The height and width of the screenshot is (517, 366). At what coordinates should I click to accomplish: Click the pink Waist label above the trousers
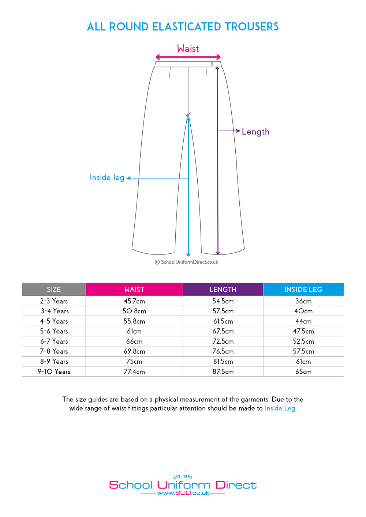tap(188, 49)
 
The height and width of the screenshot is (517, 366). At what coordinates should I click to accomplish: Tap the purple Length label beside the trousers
tap(255, 132)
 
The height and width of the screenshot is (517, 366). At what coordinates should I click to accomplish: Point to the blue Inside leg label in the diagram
tap(107, 178)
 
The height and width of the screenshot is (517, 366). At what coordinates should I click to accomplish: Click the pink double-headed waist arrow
tap(188, 57)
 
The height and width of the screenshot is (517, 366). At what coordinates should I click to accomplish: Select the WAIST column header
tap(134, 290)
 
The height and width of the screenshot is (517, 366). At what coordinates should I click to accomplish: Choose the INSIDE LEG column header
tap(303, 290)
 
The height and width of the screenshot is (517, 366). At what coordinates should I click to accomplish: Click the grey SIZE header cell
tap(54, 290)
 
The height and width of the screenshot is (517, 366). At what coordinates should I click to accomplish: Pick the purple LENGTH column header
tap(223, 290)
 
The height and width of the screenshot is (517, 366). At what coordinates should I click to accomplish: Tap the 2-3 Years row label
tap(54, 301)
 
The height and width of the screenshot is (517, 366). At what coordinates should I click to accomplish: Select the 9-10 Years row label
tap(54, 371)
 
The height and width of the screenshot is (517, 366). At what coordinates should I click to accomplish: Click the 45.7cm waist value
tap(134, 301)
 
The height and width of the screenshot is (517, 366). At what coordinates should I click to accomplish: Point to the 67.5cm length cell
tap(223, 331)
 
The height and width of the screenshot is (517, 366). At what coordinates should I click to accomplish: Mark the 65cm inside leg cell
tap(303, 371)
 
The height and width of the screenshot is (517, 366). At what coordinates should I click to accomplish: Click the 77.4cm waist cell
tap(134, 371)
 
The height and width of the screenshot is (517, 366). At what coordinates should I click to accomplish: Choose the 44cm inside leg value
tap(303, 321)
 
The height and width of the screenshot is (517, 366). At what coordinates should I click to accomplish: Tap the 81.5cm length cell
tap(223, 362)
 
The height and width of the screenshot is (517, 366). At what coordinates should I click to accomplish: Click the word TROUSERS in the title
tap(252, 27)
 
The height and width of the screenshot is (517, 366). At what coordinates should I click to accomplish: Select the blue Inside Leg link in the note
tap(280, 408)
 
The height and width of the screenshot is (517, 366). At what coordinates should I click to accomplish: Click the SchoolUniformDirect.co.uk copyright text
tap(189, 262)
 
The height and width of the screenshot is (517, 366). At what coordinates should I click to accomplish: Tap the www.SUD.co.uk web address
tap(183, 493)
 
